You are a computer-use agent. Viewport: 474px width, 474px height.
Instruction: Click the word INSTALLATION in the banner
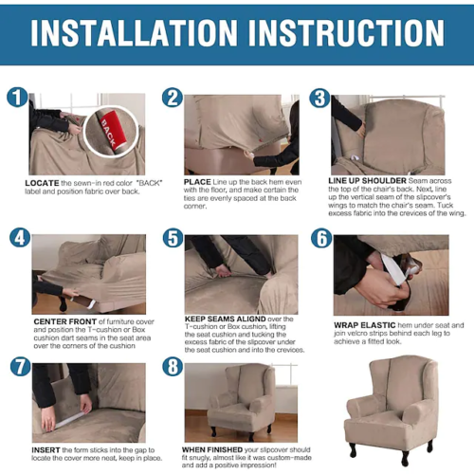click(134, 33)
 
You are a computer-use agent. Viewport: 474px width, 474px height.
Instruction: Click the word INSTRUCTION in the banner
click(346, 33)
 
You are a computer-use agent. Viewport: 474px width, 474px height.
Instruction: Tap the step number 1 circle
click(18, 97)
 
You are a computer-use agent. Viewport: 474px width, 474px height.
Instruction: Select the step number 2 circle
click(173, 97)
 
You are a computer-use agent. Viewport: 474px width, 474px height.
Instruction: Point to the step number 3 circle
click(319, 98)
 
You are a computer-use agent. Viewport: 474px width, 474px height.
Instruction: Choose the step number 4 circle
click(20, 238)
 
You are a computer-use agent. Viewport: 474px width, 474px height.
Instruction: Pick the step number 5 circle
click(173, 238)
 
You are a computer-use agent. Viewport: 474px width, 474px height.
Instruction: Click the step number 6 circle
click(321, 238)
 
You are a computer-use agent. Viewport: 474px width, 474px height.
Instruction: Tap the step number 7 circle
click(21, 367)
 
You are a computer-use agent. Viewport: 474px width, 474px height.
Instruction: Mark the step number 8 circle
click(173, 367)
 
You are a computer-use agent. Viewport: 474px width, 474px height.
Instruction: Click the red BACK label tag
click(112, 131)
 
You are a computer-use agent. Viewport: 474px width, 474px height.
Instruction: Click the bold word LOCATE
click(42, 183)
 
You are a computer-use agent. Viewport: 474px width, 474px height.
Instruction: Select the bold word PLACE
click(197, 182)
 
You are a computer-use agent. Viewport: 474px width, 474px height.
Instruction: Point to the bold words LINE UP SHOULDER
click(367, 181)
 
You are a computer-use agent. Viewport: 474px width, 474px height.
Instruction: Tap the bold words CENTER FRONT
click(65, 321)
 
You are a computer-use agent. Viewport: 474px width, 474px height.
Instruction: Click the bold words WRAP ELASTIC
click(365, 325)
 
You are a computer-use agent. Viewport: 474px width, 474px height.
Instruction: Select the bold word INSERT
click(46, 450)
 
